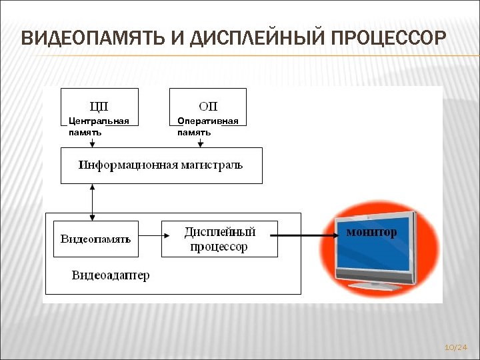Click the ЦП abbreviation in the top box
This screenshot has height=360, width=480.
tap(99, 106)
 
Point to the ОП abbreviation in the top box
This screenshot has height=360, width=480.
tap(208, 106)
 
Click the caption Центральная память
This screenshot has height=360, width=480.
tap(99, 127)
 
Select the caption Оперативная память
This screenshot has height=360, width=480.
tap(207, 127)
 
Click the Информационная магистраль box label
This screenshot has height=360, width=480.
tap(161, 165)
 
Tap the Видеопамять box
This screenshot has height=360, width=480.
tap(96, 239)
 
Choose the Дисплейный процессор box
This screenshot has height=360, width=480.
tap(219, 239)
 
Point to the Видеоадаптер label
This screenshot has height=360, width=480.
tap(111, 275)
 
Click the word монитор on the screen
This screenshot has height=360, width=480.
tap(371, 232)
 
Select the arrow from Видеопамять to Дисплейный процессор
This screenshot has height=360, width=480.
tap(150, 235)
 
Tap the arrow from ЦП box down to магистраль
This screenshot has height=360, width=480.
tap(92, 141)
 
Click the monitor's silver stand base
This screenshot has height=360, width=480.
tap(375, 284)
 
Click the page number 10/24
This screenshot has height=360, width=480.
tap(455, 347)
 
